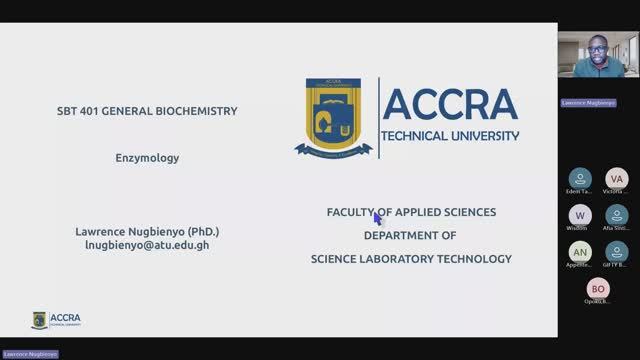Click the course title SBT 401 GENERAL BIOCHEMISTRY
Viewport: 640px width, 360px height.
coord(147,111)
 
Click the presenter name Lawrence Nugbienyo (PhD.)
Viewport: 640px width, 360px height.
coord(147,231)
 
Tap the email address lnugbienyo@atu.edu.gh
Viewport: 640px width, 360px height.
coord(147,244)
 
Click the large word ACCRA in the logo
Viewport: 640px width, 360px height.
coord(450,104)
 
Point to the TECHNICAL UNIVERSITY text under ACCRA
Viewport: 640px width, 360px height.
coord(450,135)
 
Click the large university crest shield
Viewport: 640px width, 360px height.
coord(334,118)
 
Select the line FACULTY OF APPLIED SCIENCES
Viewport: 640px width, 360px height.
coord(411,212)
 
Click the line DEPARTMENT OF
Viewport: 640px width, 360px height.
coord(410,235)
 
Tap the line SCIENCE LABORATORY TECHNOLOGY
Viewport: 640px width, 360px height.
coord(411,259)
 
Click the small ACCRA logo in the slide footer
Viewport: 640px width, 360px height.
coord(57,320)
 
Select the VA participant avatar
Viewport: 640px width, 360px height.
coord(617,178)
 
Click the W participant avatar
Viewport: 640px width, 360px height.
coord(580,215)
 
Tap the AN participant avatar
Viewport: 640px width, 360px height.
coord(580,251)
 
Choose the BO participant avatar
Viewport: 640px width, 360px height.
coord(598,289)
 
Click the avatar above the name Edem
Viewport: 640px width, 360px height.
coord(580,178)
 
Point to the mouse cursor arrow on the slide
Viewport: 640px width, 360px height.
coord(378,217)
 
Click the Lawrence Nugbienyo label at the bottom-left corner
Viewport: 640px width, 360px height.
coord(29,354)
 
